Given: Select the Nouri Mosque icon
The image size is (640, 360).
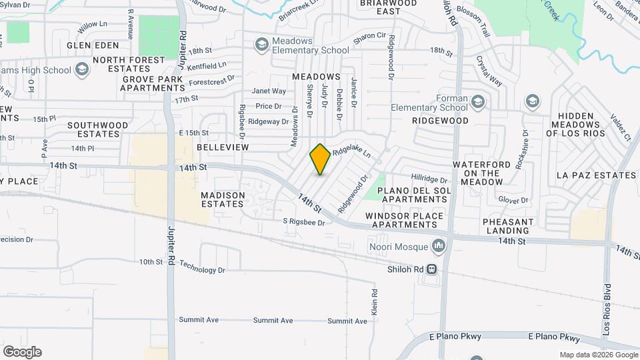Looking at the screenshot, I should (438, 247).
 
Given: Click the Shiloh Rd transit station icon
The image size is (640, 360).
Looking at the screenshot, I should (432, 269).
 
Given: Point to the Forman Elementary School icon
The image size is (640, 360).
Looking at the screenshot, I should (477, 101).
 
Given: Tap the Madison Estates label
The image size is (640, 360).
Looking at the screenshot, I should (223, 199).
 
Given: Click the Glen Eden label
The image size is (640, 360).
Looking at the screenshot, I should (93, 45).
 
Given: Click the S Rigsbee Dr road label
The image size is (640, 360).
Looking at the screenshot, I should (303, 222).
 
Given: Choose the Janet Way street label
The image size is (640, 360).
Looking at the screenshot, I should (269, 91).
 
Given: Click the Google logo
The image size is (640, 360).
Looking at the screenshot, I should (22, 351).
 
